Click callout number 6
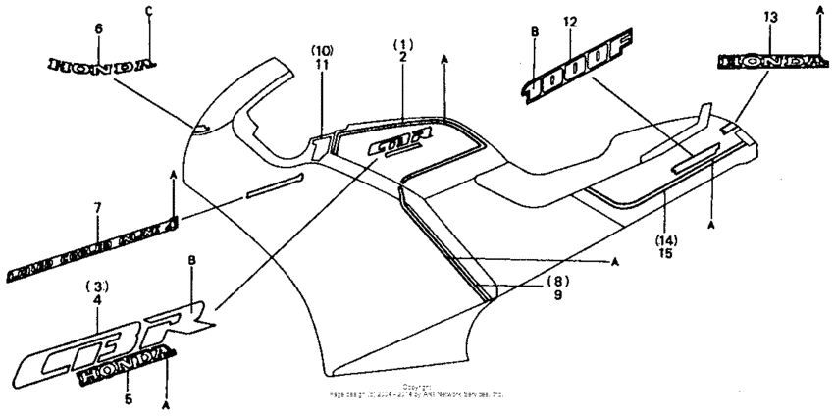point(97,30)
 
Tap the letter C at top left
point(148,11)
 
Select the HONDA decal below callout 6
point(102,64)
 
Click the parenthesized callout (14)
point(666,238)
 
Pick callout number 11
point(323,63)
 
